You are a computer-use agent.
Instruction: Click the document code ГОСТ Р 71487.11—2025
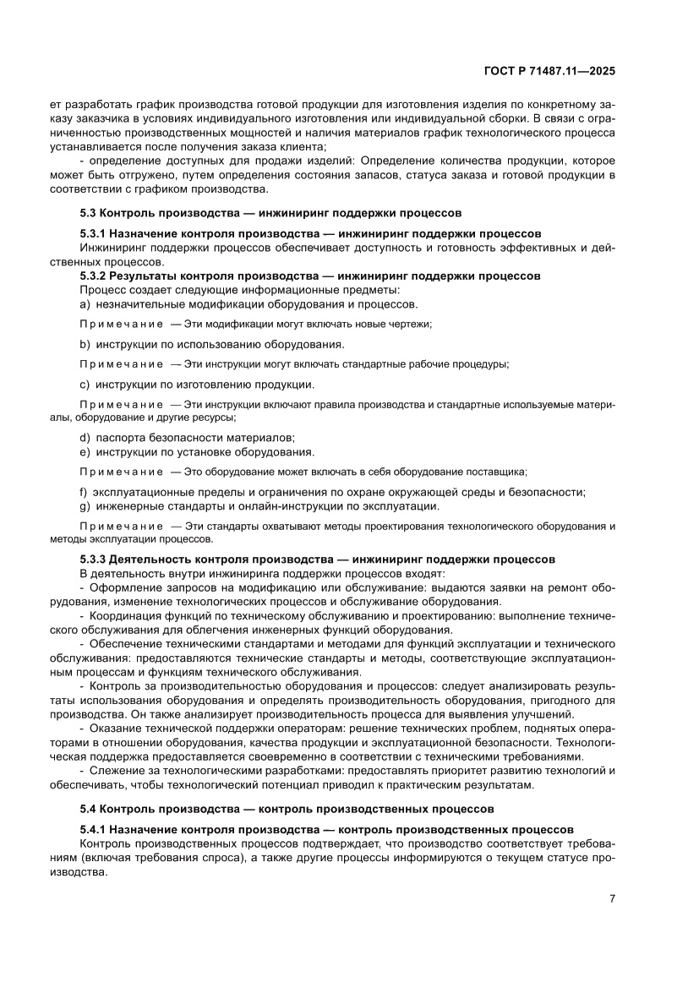549,72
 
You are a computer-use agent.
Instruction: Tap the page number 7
612,898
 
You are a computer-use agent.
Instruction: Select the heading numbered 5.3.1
310,233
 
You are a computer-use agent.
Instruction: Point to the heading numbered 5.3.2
310,276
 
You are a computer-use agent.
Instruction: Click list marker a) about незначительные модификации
84,304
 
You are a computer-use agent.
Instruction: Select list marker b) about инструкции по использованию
84,344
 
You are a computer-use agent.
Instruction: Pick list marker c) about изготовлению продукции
84,385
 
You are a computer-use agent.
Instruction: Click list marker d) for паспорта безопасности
84,437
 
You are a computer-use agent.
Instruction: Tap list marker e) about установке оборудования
84,451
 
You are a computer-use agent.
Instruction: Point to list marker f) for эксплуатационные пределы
83,492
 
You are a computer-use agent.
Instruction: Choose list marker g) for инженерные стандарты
84,506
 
